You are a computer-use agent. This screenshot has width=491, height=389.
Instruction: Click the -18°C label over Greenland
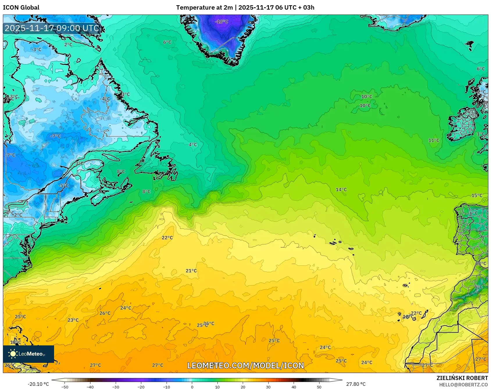click(222, 22)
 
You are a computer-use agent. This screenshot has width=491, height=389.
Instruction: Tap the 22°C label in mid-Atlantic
click(167, 238)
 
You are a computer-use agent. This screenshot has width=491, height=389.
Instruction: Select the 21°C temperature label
click(191, 271)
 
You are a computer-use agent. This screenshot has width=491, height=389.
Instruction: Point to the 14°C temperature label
click(341, 190)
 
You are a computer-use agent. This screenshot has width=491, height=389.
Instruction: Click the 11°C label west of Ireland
click(433, 140)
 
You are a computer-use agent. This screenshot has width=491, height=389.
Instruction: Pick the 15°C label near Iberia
click(476, 195)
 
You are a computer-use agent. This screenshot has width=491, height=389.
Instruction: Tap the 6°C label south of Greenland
click(167, 42)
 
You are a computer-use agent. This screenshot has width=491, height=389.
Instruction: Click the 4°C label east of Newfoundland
click(192, 144)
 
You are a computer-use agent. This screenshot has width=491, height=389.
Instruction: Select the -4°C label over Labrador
click(105, 99)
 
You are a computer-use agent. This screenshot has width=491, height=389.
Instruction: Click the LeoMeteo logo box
click(28, 354)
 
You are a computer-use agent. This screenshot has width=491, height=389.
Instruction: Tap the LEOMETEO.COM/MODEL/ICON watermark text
click(245, 365)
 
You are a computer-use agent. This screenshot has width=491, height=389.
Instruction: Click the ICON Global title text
click(21, 8)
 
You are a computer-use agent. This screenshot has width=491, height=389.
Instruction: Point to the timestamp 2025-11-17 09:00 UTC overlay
click(52, 28)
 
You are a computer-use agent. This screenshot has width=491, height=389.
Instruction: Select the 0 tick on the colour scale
click(192, 387)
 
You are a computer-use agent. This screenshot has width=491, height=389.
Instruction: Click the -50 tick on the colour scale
click(65, 387)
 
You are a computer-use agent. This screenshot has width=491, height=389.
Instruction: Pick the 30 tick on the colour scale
click(268, 387)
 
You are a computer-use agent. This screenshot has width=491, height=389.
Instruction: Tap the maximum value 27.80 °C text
click(356, 384)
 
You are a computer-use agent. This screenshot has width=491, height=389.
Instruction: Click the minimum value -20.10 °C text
click(38, 384)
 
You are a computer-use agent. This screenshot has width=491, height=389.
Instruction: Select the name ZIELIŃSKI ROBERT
click(462, 378)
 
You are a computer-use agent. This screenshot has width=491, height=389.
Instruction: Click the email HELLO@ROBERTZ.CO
click(463, 385)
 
